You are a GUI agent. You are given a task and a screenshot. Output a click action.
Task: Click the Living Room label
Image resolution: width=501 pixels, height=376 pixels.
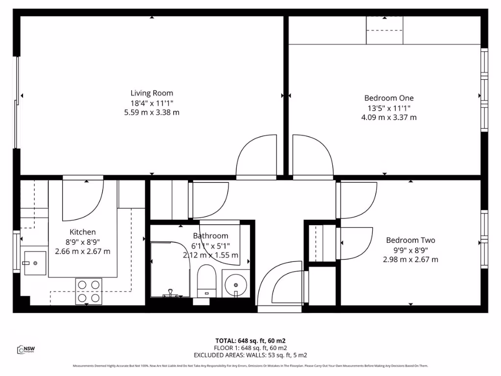click(x=152, y=93)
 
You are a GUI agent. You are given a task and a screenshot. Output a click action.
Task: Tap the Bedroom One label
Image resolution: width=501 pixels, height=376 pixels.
click(x=388, y=98)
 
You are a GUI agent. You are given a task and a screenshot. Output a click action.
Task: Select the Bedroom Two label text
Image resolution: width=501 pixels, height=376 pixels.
click(x=410, y=240)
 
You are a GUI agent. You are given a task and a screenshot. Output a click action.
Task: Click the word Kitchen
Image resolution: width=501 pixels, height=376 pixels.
click(x=82, y=232)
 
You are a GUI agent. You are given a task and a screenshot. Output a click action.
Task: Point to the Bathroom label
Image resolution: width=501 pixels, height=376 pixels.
click(x=210, y=236)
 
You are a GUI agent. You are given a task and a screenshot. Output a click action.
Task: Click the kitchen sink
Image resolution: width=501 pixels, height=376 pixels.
click(x=35, y=263)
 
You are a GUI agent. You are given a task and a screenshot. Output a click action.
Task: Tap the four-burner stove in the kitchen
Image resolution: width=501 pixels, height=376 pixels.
click(x=89, y=291)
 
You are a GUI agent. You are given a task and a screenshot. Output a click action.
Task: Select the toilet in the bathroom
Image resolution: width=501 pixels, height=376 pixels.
click(x=206, y=281)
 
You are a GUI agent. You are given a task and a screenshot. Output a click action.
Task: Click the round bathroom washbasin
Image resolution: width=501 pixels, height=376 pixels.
click(x=236, y=284)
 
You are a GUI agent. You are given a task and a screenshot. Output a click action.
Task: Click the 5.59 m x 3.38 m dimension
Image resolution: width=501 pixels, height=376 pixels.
click(x=152, y=113)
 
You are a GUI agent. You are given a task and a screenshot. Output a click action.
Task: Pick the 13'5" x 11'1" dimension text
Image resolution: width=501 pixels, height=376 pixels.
click(x=388, y=108)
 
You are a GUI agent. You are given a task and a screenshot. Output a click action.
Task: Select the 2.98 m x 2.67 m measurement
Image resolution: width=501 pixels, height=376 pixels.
click(x=410, y=259)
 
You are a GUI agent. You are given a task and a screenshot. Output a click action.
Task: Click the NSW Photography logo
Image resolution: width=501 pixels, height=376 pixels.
click(x=26, y=349)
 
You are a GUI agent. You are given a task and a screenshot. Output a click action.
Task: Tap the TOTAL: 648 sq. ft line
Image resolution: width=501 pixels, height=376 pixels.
click(x=250, y=340)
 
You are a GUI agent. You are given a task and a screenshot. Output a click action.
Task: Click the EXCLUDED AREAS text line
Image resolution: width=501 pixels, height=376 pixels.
click(x=250, y=355)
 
